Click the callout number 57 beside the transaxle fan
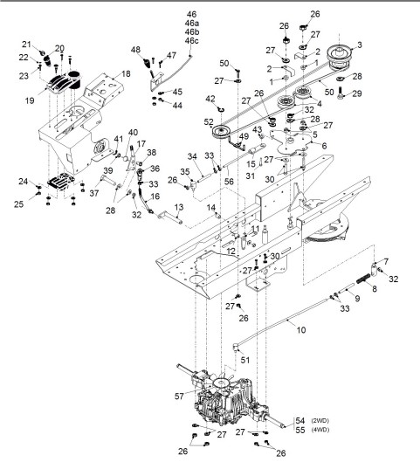(x=179, y=396)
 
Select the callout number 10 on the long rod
(x=301, y=329)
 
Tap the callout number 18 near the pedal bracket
(x=126, y=73)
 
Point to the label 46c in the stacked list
(x=192, y=41)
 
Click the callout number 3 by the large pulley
(x=360, y=45)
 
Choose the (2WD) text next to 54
(x=320, y=421)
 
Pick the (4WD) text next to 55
(x=320, y=430)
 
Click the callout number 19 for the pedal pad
(x=30, y=100)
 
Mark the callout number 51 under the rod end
(x=245, y=360)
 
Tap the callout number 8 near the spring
(x=375, y=288)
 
